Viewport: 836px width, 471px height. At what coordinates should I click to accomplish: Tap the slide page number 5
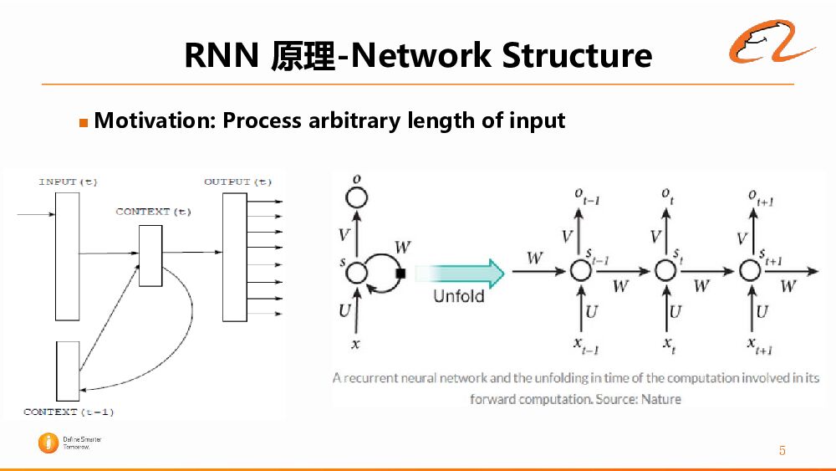782,451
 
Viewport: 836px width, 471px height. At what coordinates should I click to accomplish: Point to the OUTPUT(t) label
237,182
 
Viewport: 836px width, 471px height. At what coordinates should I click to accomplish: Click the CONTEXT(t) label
153,212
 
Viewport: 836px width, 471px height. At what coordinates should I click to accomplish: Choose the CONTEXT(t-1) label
69,412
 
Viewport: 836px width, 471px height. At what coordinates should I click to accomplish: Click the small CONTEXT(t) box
150,256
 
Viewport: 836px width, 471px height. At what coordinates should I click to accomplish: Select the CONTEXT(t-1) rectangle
68,371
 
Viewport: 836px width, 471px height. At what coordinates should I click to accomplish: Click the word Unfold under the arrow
458,296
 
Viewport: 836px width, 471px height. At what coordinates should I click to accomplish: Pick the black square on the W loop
400,273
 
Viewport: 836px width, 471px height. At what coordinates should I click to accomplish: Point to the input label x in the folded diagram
357,344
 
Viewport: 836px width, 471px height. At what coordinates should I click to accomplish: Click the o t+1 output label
758,197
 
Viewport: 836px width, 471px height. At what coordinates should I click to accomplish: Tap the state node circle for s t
665,270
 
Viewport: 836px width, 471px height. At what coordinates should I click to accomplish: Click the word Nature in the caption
661,399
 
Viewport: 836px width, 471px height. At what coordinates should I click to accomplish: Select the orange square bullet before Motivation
83,123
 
